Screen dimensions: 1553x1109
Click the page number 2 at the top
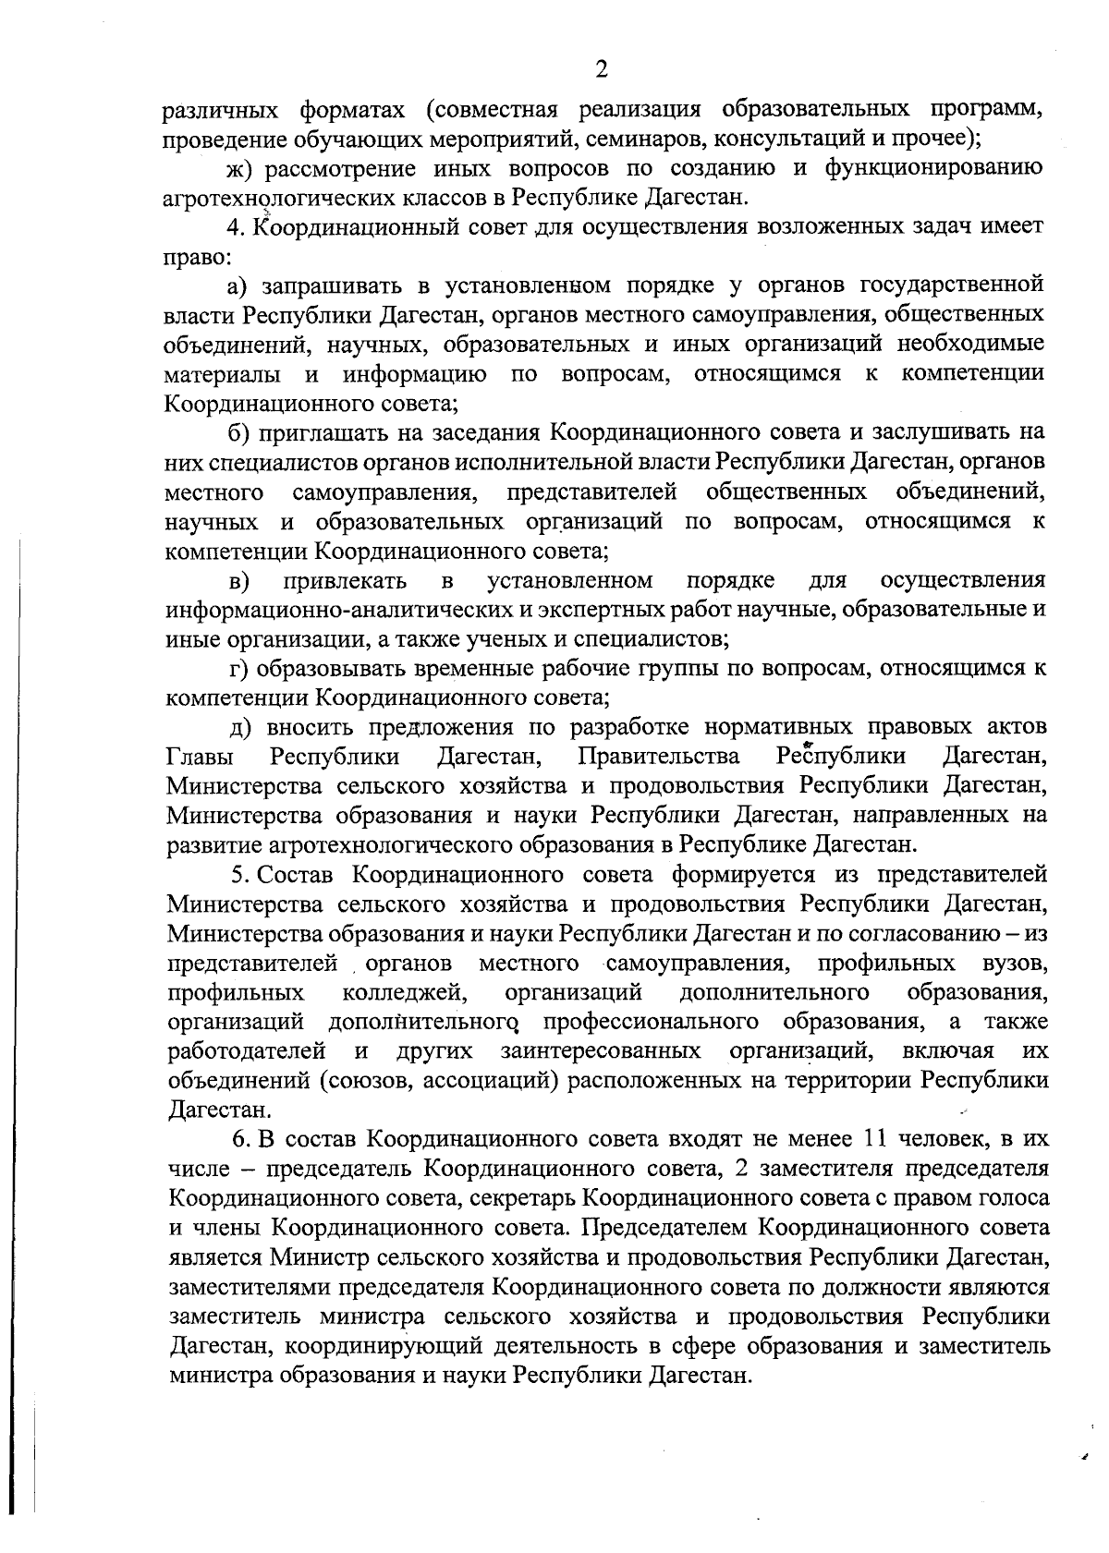(x=602, y=69)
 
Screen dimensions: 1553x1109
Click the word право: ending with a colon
(x=192, y=256)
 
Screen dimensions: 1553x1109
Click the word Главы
(x=201, y=758)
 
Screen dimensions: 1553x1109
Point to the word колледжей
(x=404, y=992)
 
